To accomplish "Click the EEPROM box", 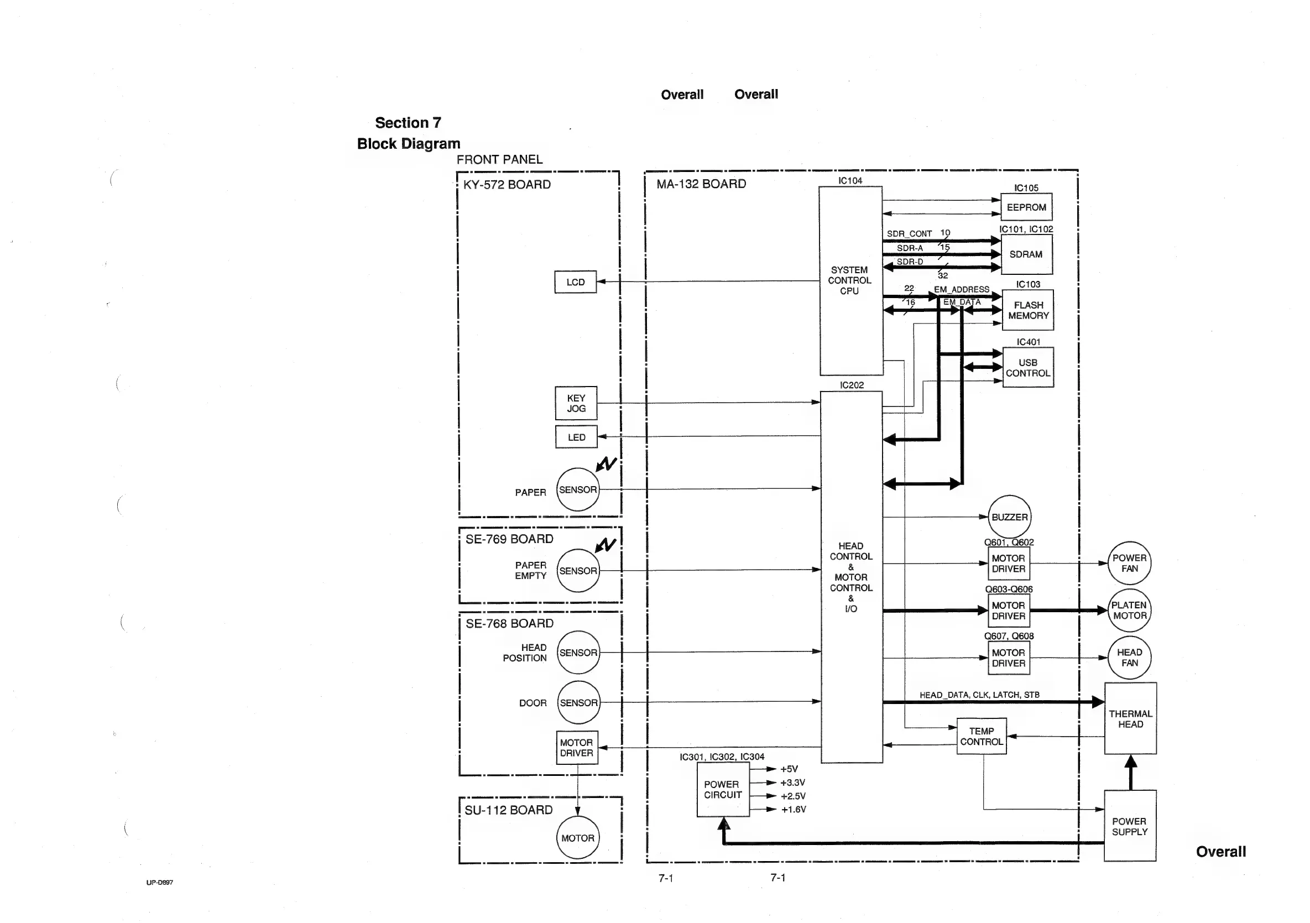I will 1026,207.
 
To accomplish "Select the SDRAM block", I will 1026,254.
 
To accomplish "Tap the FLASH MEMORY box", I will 1027,310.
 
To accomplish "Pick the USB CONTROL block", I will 1027,368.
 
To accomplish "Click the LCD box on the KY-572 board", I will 575,283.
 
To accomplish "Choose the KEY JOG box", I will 576,403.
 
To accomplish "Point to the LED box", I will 576,437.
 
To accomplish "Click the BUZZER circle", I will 1009,517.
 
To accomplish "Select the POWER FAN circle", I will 1129,563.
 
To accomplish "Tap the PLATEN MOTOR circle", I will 1129,611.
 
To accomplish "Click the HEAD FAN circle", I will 1129,658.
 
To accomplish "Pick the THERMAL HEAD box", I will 1130,719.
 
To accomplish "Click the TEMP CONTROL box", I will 982,737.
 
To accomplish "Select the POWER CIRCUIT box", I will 722,790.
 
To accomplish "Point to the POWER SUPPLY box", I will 1129,827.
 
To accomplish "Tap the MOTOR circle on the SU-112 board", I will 577,838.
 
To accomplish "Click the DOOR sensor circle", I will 578,703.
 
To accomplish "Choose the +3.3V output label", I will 792,783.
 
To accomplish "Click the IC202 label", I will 851,385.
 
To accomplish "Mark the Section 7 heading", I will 408,123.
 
